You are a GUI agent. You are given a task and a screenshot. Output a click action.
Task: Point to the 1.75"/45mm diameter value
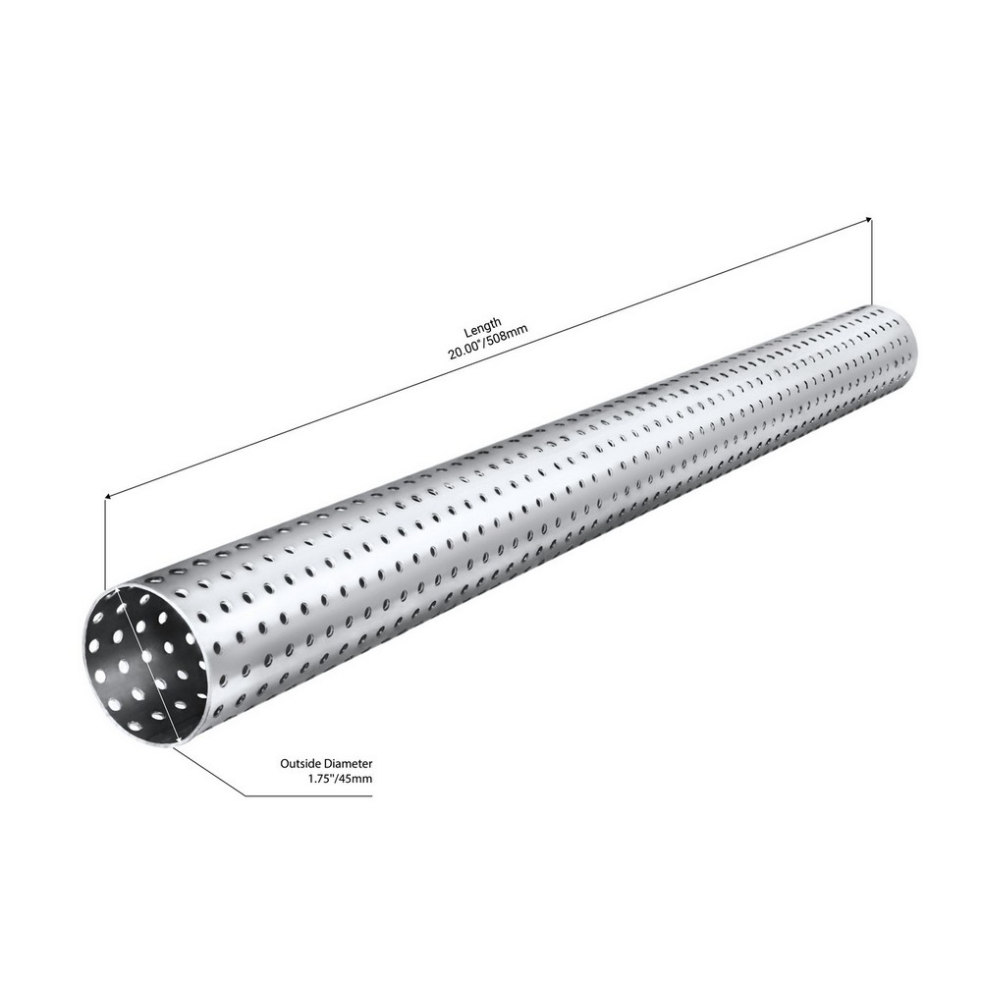[x=340, y=778]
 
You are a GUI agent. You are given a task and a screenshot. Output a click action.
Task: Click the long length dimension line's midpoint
[x=487, y=359]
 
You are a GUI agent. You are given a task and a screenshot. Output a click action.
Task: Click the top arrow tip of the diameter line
[x=117, y=590]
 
